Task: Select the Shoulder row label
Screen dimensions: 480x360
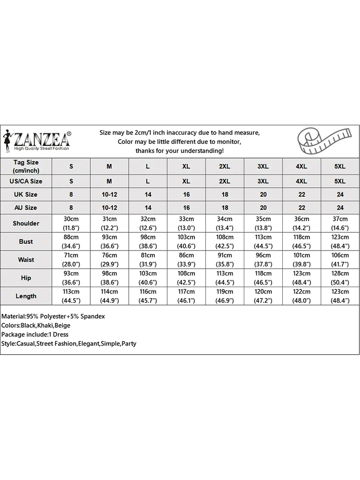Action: (26, 223)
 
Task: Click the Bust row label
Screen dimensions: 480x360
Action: (26, 241)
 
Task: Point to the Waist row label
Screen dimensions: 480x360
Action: (26, 260)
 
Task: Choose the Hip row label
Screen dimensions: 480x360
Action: (26, 278)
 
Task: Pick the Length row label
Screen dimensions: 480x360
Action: (26, 296)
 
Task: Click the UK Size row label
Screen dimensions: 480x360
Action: (26, 194)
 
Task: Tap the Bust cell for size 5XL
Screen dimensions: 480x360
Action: (340, 241)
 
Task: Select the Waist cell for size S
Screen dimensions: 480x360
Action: (71, 260)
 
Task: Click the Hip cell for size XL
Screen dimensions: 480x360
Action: (186, 278)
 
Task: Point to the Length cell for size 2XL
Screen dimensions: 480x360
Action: (225, 296)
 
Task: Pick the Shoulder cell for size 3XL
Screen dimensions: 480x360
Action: (263, 223)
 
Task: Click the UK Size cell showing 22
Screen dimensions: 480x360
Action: (301, 194)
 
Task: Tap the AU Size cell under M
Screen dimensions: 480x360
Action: (109, 208)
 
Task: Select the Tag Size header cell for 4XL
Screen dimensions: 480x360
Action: (301, 167)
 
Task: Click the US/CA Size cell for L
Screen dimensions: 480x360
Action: (148, 181)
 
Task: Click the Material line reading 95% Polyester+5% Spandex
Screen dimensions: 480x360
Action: (53, 316)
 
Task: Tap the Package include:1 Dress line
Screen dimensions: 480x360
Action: (35, 335)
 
